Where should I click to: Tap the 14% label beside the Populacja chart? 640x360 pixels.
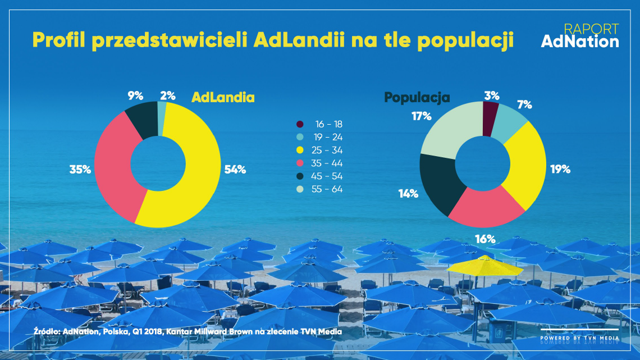(409, 194)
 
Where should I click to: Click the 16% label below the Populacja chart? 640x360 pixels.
(484, 239)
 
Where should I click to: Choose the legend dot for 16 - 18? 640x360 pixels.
(300, 124)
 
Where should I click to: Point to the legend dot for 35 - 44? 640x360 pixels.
(300, 163)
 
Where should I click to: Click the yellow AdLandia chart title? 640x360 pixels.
(223, 97)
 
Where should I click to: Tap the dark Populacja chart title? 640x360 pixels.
(417, 97)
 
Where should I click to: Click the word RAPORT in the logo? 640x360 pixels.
(591, 29)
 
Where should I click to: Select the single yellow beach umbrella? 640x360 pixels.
(484, 265)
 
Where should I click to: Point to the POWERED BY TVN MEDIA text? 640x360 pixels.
(579, 338)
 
